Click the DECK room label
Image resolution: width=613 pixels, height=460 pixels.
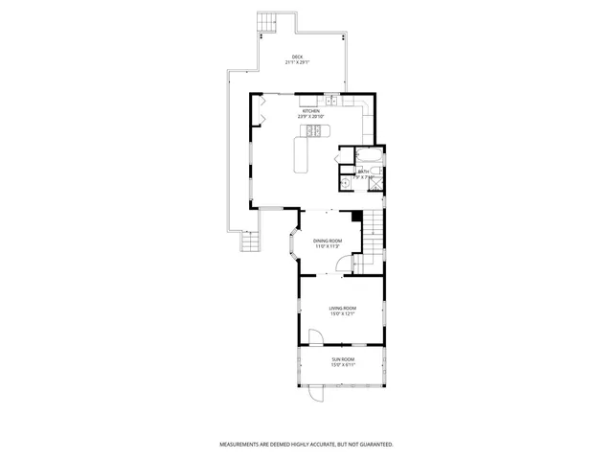298,57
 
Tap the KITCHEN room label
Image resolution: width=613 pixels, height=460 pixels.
311,111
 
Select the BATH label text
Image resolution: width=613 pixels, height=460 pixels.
364,172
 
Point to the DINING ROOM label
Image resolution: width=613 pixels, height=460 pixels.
328,240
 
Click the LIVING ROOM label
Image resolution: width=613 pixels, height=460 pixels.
343,308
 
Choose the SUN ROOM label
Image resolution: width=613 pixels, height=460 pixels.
343,359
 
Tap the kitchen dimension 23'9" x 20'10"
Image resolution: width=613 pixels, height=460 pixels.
312,118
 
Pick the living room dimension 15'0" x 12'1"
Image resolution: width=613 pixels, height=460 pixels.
343,314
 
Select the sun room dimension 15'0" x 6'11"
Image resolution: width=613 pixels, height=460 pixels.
343,365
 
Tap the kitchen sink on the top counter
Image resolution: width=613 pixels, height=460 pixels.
331,100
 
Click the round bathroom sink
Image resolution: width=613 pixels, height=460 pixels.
344,179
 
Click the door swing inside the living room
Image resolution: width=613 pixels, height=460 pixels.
315,335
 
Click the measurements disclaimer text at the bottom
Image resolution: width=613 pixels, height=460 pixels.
306,445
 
